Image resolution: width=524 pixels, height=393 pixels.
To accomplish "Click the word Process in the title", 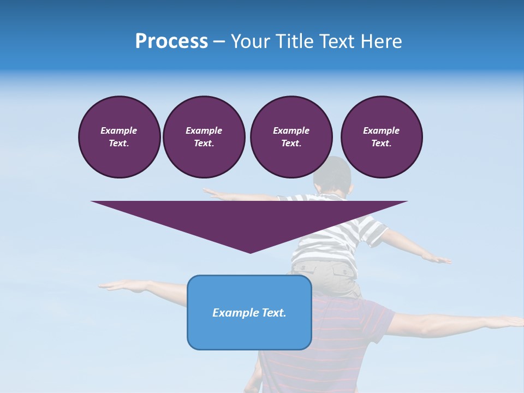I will (x=171, y=41).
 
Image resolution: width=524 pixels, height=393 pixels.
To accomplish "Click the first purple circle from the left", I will (x=119, y=136).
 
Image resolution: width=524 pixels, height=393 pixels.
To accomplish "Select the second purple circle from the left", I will (x=204, y=136).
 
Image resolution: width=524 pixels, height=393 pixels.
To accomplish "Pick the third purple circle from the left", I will (x=291, y=136).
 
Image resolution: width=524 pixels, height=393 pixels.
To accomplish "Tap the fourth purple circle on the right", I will (x=381, y=136).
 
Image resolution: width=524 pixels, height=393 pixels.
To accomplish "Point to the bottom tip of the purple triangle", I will (x=250, y=252).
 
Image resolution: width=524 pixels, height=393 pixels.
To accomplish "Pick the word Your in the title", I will (x=250, y=41).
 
